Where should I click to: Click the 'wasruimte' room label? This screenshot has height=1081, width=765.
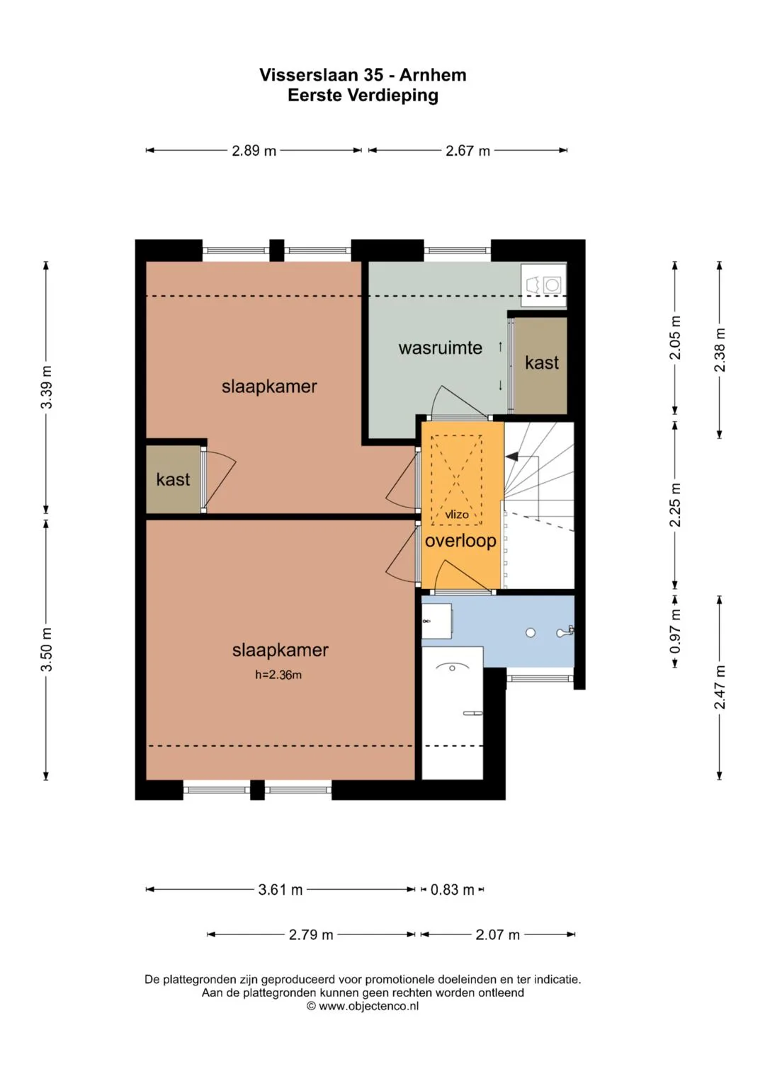tap(440, 348)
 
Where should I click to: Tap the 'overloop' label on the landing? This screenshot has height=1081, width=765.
tap(460, 541)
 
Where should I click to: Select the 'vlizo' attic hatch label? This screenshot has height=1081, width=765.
tap(457, 515)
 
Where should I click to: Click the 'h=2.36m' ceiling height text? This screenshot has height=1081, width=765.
tap(278, 675)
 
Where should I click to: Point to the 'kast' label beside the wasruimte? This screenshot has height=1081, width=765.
tap(542, 362)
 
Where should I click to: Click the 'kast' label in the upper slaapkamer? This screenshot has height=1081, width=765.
tap(173, 479)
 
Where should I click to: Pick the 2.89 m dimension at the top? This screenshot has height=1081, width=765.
tap(254, 151)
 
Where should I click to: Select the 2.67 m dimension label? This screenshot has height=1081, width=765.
tap(467, 151)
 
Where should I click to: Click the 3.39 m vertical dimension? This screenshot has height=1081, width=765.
tap(47, 387)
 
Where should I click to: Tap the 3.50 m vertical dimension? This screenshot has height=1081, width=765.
tap(47, 650)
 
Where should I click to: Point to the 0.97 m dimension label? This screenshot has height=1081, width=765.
tap(675, 631)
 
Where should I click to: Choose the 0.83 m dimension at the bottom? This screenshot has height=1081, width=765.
tap(452, 889)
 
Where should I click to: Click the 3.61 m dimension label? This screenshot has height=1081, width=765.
tap(280, 889)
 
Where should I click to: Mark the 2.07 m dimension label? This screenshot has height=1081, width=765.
tap(497, 934)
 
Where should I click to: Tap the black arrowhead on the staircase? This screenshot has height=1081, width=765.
tap(511, 456)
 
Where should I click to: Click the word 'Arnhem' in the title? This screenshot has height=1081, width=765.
tap(433, 75)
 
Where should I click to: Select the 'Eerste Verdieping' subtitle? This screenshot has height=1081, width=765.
tap(363, 96)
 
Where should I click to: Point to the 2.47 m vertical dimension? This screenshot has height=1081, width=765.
tap(720, 687)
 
